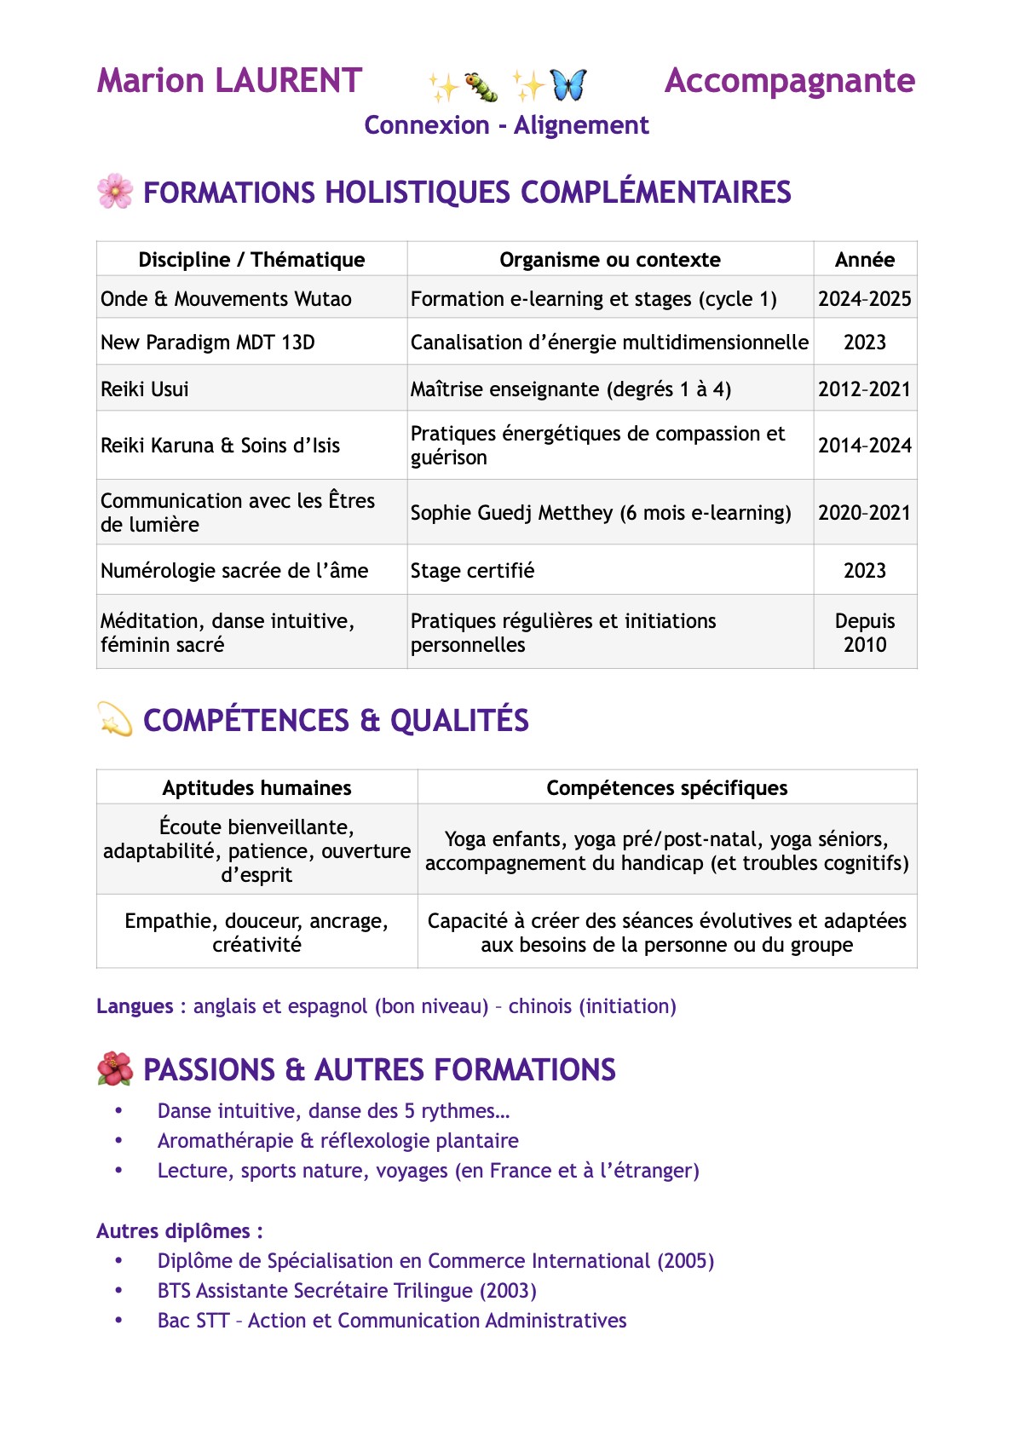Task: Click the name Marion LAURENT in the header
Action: pos(229,81)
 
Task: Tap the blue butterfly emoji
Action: pos(568,84)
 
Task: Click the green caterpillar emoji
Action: pos(481,86)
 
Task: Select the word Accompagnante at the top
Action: pos(789,81)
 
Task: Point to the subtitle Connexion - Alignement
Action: pos(506,125)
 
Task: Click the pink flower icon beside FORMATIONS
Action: pos(115,192)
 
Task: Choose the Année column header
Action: pos(864,259)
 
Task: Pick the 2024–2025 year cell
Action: pos(864,299)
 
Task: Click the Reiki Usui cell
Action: pos(145,389)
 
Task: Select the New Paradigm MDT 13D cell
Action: pos(208,343)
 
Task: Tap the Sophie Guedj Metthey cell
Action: pos(601,513)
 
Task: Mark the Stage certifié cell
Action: pos(472,571)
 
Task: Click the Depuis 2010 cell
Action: pos(864,633)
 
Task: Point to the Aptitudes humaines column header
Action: pos(256,788)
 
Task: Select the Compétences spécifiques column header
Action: pos(666,788)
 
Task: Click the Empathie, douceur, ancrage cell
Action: pos(256,932)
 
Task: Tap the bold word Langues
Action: pos(135,1006)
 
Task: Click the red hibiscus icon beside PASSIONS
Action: pos(115,1069)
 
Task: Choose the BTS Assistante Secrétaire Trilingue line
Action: pos(347,1291)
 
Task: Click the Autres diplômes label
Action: pos(179,1231)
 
